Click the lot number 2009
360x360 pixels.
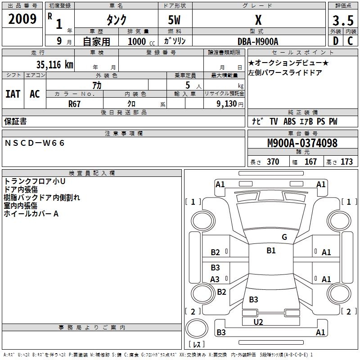coord(22,19)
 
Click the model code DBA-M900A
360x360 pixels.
coord(258,41)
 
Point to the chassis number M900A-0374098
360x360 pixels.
coord(302,144)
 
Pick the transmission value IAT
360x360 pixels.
coord(13,94)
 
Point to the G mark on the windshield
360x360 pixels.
coord(284,237)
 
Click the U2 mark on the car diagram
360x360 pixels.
coord(258,322)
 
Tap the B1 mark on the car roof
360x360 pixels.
coord(271,251)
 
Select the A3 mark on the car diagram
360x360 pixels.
coord(215,279)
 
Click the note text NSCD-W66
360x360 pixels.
coord(35,143)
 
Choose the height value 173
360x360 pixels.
coord(346,162)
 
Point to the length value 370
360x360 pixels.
coord(273,162)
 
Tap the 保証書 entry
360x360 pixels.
coord(15,121)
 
